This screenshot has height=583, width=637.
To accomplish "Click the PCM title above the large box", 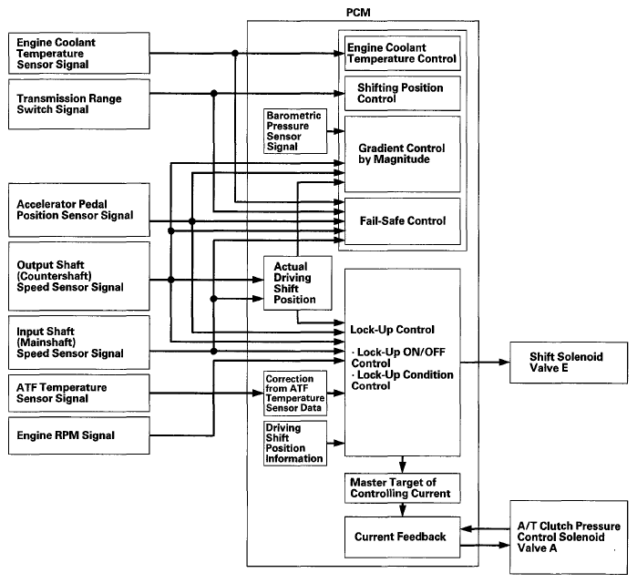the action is [x=358, y=13].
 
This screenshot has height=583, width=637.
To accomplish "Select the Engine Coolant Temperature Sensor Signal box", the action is [x=78, y=53].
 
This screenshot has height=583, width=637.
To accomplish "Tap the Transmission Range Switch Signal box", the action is [x=78, y=105].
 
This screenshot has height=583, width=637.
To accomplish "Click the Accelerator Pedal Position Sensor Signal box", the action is [x=78, y=210].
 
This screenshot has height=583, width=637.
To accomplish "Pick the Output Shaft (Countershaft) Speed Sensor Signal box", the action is [x=78, y=276].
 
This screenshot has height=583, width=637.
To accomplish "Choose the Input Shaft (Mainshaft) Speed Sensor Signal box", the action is [x=78, y=343].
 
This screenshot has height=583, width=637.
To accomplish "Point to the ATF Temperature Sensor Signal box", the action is [x=78, y=393].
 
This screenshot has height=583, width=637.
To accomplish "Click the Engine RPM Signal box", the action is [x=78, y=435].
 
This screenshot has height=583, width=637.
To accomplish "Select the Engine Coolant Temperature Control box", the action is [x=403, y=53].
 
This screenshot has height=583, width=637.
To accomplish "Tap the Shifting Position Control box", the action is [x=403, y=94].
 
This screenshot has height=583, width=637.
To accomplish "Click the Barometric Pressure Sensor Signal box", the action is [x=295, y=131].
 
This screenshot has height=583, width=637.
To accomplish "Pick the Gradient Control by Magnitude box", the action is [x=403, y=154].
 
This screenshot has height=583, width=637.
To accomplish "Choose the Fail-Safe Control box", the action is [x=403, y=221].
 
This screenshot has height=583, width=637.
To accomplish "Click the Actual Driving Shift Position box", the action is [x=298, y=283].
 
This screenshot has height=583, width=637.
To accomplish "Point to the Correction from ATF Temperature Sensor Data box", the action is [x=295, y=393].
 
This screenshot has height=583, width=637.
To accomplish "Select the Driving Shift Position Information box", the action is [x=295, y=443].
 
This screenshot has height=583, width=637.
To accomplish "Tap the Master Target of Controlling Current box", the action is [x=403, y=488].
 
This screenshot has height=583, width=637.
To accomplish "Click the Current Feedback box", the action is [x=403, y=537].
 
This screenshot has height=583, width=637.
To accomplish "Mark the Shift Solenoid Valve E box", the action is [x=569, y=363].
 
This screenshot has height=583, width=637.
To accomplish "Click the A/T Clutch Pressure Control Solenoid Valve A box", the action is [x=569, y=537].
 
